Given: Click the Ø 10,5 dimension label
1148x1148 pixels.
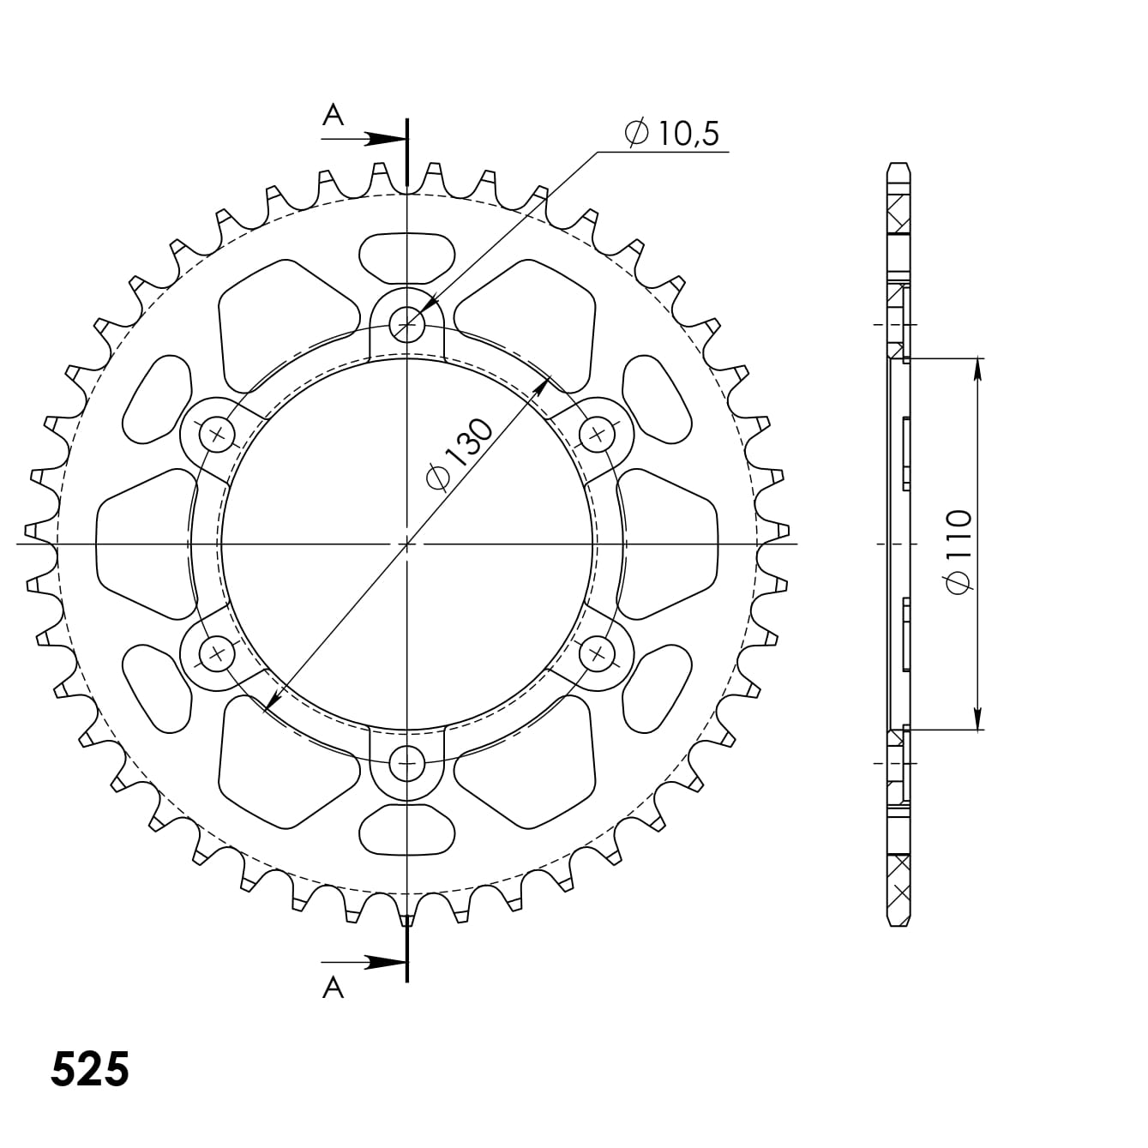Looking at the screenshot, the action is (x=672, y=133).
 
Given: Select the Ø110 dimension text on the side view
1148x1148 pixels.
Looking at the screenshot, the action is (x=959, y=551).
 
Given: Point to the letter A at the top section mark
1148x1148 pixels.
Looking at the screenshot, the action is (x=333, y=114).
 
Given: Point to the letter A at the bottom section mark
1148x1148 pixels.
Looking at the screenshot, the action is (x=333, y=988).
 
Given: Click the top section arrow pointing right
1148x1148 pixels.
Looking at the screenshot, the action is (x=364, y=140).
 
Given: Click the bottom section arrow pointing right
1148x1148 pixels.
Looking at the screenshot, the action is (x=364, y=962).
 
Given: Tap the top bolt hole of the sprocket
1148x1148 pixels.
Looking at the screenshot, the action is (x=407, y=325).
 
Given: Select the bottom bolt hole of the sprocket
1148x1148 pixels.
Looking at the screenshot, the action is (x=407, y=763).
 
